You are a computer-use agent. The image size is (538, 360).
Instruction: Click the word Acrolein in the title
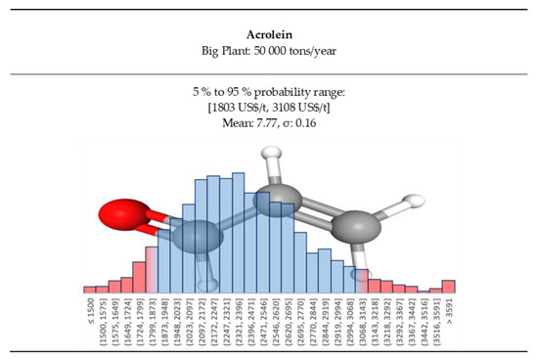[268, 30]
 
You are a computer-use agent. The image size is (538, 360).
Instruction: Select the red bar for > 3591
[449, 287]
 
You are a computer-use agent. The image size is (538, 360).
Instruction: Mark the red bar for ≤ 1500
[90, 290]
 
